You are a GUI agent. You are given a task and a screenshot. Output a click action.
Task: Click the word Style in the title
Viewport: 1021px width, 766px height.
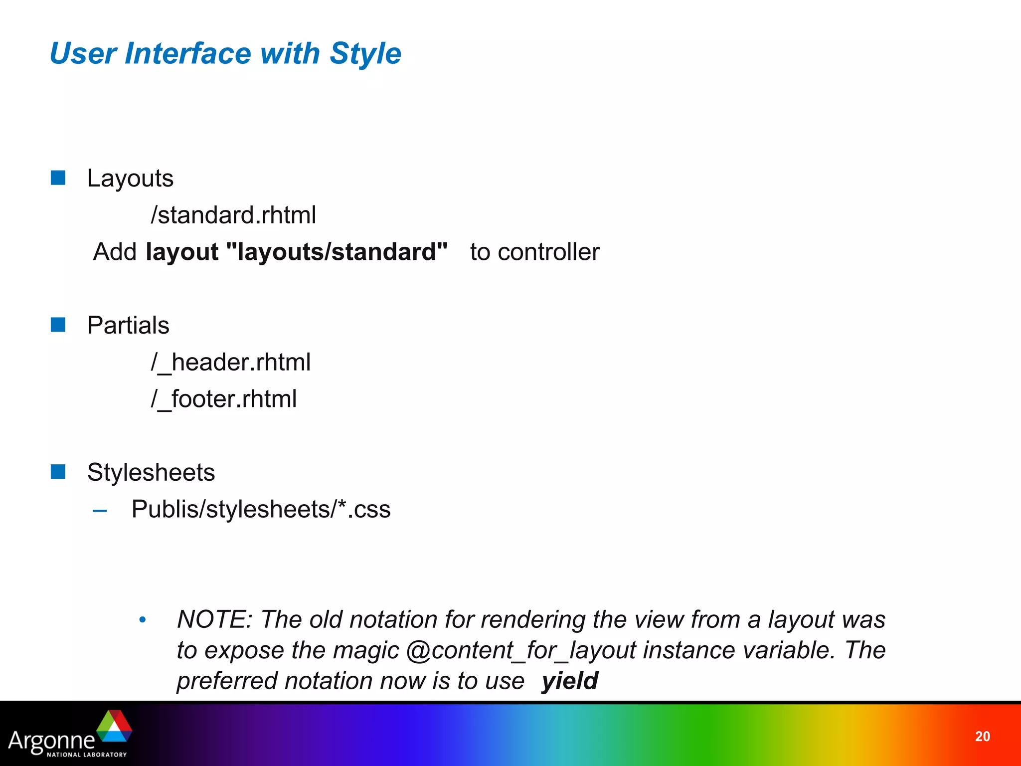tap(365, 53)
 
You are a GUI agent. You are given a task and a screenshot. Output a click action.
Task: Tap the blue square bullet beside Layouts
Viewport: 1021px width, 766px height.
tap(58, 178)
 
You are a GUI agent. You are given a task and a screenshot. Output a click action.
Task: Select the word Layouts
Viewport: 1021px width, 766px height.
tap(130, 179)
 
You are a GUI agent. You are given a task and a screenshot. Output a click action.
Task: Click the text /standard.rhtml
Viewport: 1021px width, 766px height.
tap(233, 215)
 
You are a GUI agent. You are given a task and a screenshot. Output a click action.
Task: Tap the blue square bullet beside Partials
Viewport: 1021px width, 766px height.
tap(58, 325)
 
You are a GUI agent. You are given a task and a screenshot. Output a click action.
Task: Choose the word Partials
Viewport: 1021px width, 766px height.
tap(128, 325)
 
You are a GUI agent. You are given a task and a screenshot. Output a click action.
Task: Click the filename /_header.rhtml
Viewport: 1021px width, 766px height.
tap(231, 362)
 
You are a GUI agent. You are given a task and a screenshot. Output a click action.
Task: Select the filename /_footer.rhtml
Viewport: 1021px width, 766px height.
tap(224, 399)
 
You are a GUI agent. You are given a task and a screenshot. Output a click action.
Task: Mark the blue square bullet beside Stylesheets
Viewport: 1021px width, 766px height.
tap(58, 472)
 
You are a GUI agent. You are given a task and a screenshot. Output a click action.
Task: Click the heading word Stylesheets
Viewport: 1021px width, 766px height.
tap(151, 472)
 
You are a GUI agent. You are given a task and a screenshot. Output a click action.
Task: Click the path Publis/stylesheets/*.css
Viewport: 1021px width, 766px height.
tap(261, 509)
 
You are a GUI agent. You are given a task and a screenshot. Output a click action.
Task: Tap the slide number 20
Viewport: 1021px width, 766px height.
tap(982, 737)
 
